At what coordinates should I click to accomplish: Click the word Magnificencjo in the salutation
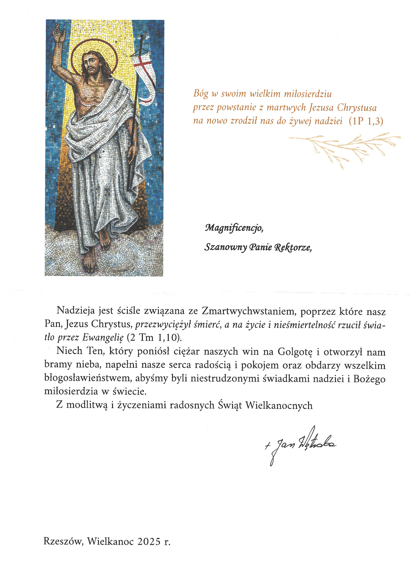pyautogui.click(x=234, y=228)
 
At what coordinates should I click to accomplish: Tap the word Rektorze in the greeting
pyautogui.click(x=293, y=247)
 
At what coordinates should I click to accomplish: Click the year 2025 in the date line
pyautogui.click(x=149, y=541)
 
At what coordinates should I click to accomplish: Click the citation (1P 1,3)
pyautogui.click(x=366, y=121)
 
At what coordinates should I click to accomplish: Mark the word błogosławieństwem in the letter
pyautogui.click(x=88, y=379)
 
